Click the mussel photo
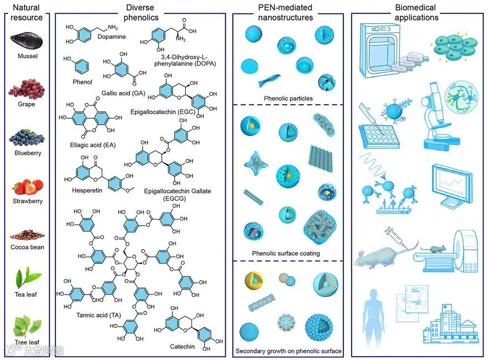point(27,40)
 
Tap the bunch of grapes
point(26,88)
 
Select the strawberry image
point(27,186)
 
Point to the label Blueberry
point(27,153)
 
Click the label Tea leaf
point(27,294)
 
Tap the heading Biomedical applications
point(415,12)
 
